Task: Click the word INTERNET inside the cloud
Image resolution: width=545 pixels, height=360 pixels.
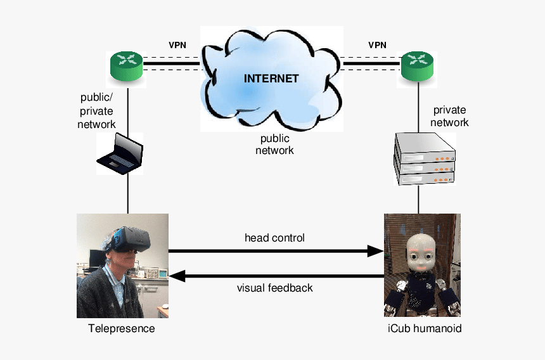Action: coord(271,79)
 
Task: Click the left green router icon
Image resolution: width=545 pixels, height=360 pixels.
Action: coord(127,67)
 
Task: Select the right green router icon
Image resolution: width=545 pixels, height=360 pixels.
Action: coord(418,67)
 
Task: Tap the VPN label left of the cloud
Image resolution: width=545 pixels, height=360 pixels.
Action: coord(177,45)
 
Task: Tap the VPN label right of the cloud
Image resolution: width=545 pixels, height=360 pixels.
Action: coord(378,45)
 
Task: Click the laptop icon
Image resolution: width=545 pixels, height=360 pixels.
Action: coord(120,153)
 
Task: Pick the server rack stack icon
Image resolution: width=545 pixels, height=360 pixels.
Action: coord(425,158)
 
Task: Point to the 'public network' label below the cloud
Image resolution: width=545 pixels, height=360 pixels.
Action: coord(274,145)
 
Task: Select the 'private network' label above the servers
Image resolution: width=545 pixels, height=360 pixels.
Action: coord(450,116)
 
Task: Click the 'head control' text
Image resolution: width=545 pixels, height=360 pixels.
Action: coord(274,238)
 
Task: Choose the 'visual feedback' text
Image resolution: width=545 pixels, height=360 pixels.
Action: coord(274,288)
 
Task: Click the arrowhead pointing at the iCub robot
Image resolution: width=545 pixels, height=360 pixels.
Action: coord(376,251)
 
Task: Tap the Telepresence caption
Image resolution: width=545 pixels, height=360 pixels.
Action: coord(122,329)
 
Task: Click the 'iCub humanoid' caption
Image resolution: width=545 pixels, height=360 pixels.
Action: coord(423,329)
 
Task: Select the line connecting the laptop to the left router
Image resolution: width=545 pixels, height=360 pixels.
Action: coord(127,108)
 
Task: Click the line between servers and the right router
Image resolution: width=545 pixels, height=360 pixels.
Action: coord(418,108)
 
